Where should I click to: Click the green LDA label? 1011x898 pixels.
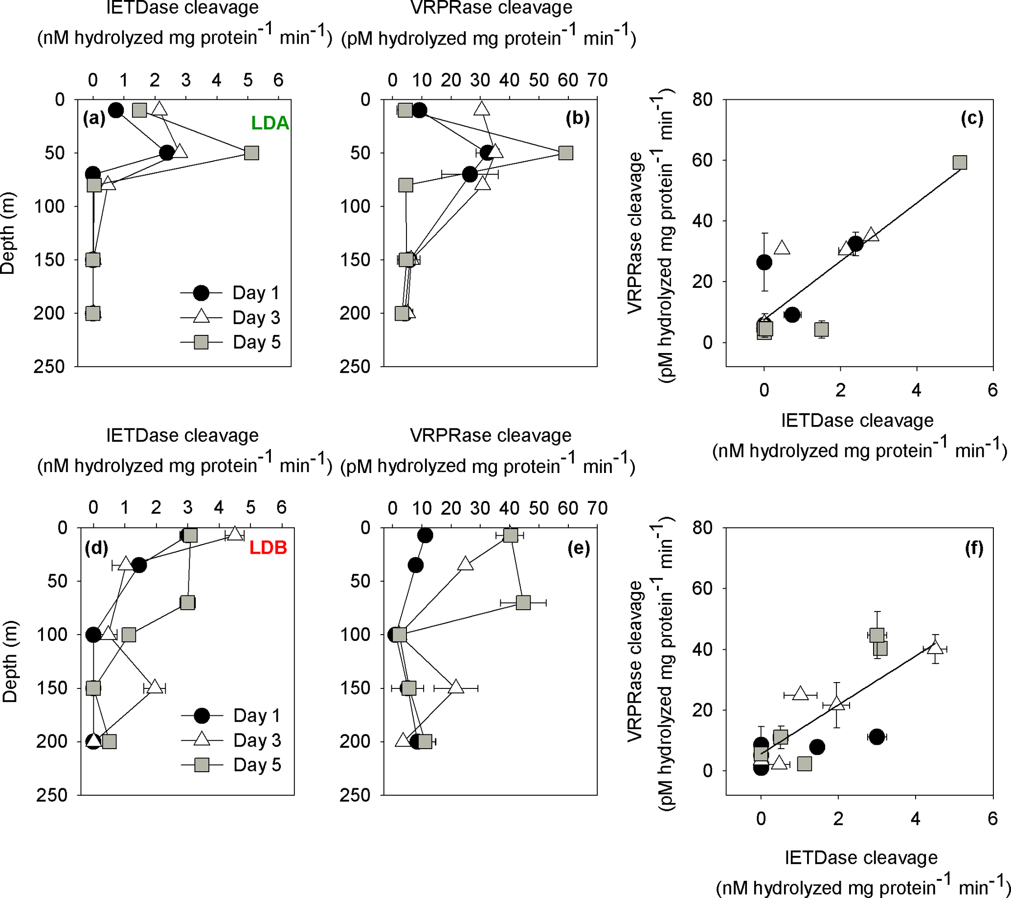pyautogui.click(x=270, y=123)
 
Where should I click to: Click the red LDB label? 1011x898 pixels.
pyautogui.click(x=268, y=547)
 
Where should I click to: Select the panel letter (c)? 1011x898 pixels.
pyautogui.click(x=971, y=118)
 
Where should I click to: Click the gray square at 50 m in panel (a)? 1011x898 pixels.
pyautogui.click(x=251, y=153)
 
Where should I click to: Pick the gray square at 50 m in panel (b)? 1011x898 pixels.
pyautogui.click(x=565, y=153)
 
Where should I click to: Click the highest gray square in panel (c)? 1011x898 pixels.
pyautogui.click(x=959, y=163)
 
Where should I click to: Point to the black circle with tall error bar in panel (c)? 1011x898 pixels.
pyautogui.click(x=764, y=262)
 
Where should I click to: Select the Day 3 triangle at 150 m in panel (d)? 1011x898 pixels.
pyautogui.click(x=155, y=687)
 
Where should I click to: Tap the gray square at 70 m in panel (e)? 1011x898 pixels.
pyautogui.click(x=523, y=602)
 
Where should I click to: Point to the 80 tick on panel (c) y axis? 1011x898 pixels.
pyautogui.click(x=702, y=100)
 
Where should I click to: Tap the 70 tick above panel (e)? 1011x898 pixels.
pyautogui.click(x=597, y=508)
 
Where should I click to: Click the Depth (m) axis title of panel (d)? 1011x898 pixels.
pyautogui.click(x=10, y=662)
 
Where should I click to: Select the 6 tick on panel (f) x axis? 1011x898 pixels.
pyautogui.click(x=992, y=819)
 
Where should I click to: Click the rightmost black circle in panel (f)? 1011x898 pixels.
pyautogui.click(x=876, y=736)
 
